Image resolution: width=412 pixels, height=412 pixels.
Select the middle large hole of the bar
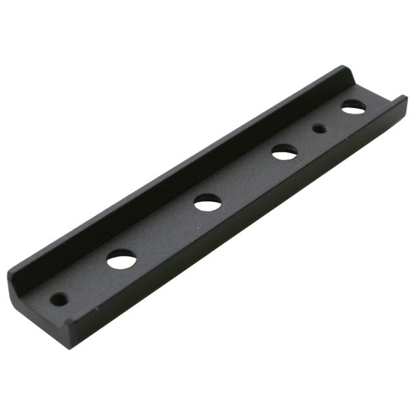tap(207, 201)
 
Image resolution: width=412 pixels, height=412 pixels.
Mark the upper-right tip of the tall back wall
tap(345, 66)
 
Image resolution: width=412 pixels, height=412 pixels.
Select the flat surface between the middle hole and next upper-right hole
tap(244, 177)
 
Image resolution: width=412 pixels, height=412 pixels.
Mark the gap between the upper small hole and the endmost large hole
tap(333, 118)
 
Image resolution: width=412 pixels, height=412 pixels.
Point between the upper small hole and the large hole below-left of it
tap(301, 139)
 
